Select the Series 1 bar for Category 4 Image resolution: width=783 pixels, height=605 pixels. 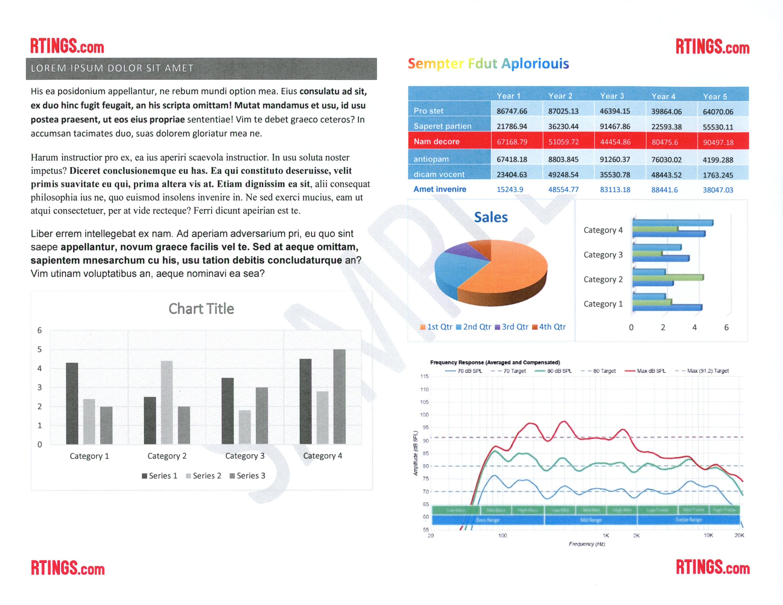pos(305,401)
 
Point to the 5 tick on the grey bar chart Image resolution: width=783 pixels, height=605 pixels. pos(39,349)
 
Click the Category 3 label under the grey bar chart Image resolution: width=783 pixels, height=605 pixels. pos(245,456)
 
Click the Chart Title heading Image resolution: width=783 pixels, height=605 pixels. pos(201,309)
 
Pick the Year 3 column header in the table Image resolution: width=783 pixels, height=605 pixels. pos(612,96)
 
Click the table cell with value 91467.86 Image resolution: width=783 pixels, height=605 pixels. pos(615,127)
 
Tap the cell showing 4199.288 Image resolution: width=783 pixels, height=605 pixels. pos(718,160)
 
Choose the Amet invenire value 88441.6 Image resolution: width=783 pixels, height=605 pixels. pos(664,190)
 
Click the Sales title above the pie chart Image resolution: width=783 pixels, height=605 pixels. pos(491,217)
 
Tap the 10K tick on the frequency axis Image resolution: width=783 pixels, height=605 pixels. pos(708,535)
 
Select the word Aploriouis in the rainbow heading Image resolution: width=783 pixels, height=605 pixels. pos(535,64)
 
